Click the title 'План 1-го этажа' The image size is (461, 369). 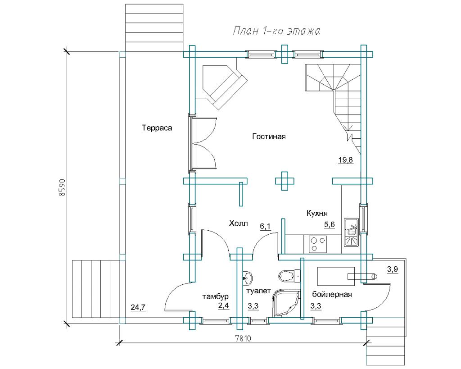click(276, 31)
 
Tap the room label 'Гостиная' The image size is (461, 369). click(269, 137)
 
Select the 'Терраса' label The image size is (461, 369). click(157, 128)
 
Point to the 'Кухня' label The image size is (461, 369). click(317, 213)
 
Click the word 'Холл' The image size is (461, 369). click(239, 223)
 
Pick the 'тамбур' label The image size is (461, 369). click(216, 296)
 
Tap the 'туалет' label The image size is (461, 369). click(258, 291)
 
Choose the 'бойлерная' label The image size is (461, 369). click(332, 294)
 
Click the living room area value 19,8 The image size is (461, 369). click(345, 160)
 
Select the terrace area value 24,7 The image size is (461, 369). click(138, 307)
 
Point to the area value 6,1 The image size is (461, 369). click(265, 226)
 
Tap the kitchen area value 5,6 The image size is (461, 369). click(329, 224)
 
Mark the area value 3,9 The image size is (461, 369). click(393, 269)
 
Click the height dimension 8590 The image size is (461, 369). click(62, 187)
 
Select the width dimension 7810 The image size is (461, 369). click(243, 339)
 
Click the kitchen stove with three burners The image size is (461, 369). click(317, 244)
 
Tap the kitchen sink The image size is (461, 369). click(351, 232)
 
